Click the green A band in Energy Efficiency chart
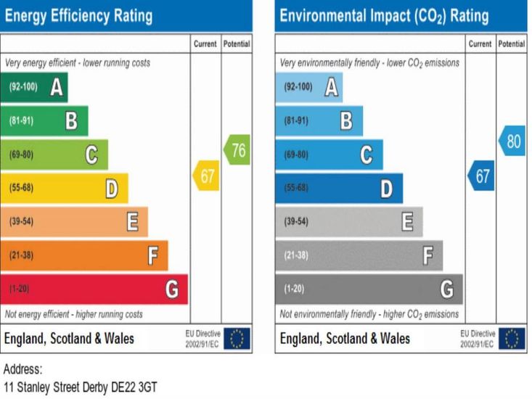34,87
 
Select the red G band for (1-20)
94,289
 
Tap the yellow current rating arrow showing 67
205,176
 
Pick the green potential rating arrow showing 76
237,150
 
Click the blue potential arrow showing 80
512,141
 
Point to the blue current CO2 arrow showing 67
481,176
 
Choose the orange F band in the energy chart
83,255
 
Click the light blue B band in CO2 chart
319,120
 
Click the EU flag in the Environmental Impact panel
512,338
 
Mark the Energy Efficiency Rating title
78,15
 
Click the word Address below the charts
23,369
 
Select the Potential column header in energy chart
237,44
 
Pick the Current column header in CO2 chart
480,44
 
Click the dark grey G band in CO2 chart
369,289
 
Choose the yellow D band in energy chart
64,189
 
